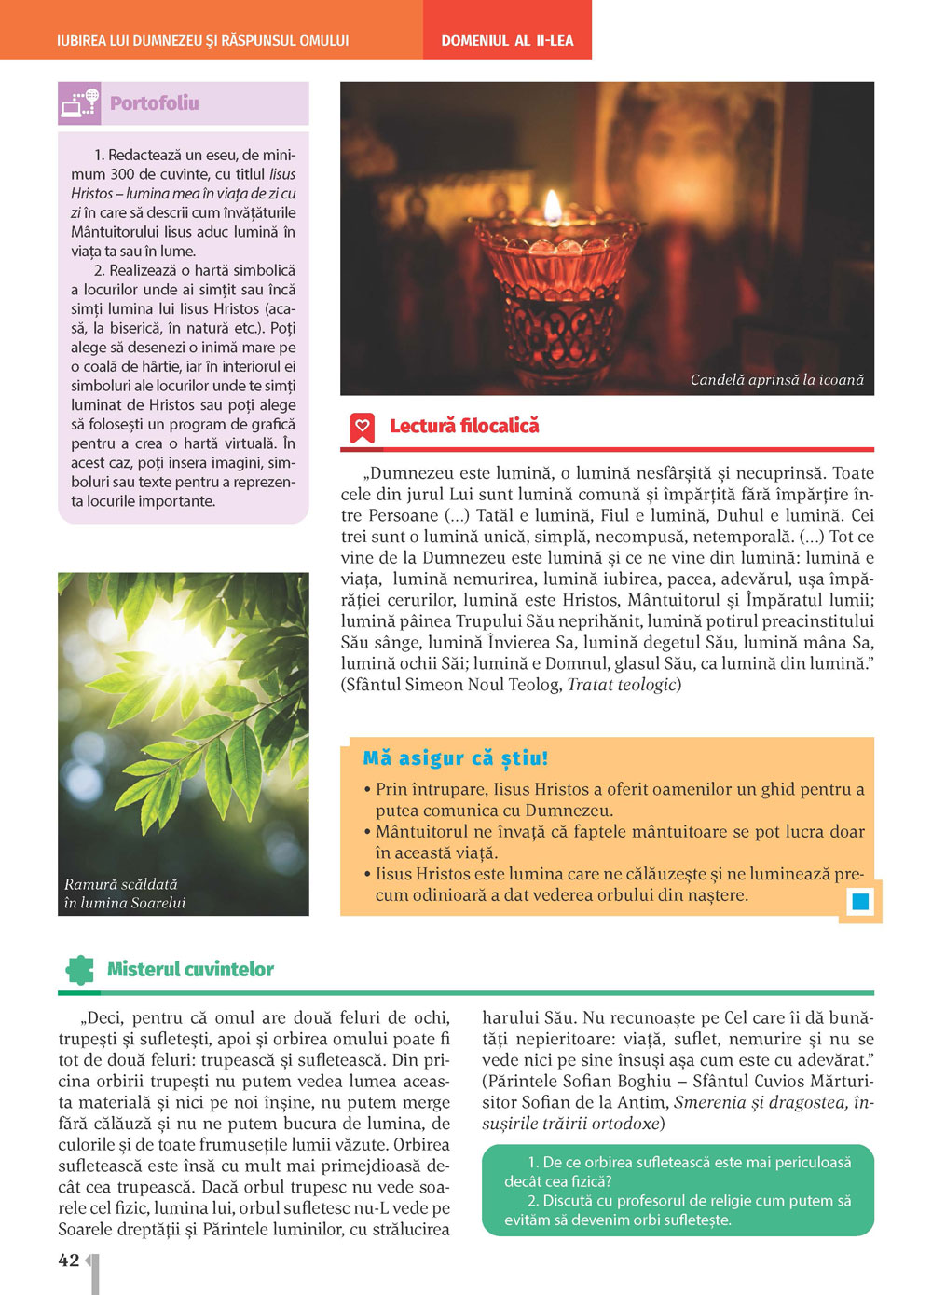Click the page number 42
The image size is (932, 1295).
pos(69,1261)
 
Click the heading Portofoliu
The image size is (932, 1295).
pos(154,103)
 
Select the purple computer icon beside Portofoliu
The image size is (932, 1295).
pos(79,103)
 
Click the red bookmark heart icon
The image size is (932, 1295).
pos(362,427)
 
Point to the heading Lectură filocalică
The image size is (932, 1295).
pos(464,426)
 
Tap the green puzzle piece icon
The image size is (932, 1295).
pos(80,969)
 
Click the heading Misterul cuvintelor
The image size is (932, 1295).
pos(190,969)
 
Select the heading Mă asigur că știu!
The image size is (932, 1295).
pos(456,758)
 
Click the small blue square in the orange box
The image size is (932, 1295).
pos(860,901)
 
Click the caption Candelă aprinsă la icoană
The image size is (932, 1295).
pos(776,379)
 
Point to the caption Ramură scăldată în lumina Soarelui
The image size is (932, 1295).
pos(124,893)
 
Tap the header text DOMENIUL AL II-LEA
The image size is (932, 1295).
pos(507,41)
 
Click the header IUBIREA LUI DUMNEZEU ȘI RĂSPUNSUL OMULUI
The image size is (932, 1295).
pos(202,41)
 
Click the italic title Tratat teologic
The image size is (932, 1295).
pos(622,685)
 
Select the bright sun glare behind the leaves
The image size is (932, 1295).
pos(172,643)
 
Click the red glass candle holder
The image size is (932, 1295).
pos(557,298)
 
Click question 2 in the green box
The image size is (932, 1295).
pos(678,1210)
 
